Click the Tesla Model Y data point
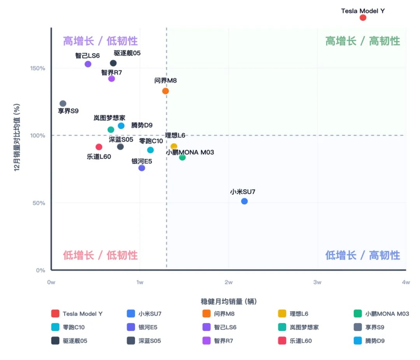363,18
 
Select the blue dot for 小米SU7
244,201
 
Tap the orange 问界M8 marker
165,91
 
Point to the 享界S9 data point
63,104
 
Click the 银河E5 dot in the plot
142,168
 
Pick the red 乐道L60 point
99,147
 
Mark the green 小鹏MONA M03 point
182,157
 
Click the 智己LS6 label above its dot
87,56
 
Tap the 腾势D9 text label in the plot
142,125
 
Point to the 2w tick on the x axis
229,282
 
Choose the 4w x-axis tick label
406,282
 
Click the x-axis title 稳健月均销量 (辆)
228,301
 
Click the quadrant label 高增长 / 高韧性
362,41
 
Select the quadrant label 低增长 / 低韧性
100,255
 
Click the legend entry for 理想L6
294,314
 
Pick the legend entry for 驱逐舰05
70,341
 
